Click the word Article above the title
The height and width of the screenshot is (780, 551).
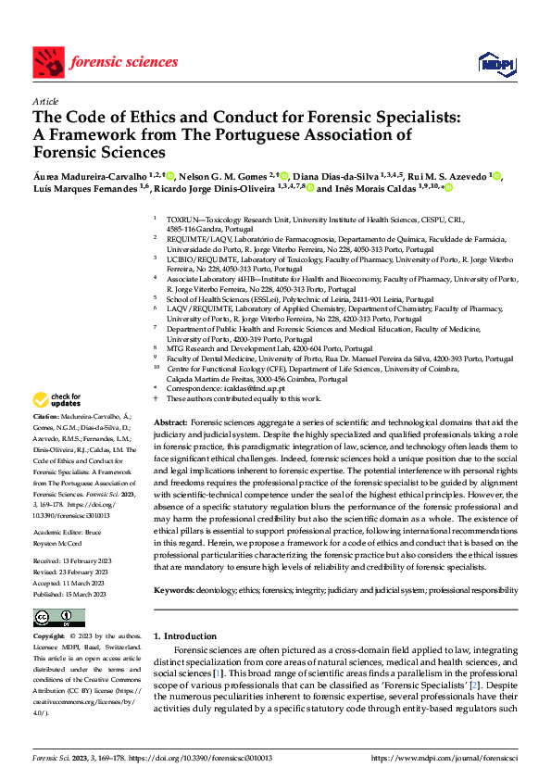[45, 100]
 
